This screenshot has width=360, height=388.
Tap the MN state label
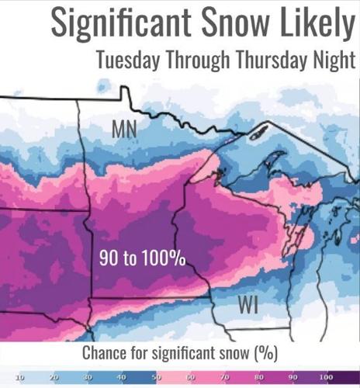[x=125, y=130]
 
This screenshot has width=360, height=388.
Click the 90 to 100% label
[x=142, y=258]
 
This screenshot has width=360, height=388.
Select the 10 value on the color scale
[x=19, y=376]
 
